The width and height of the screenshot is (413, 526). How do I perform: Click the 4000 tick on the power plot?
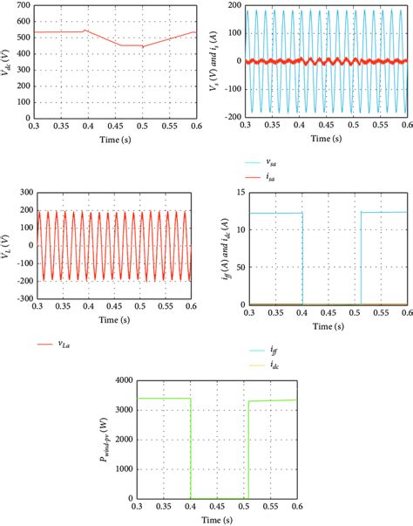click(x=124, y=381)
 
